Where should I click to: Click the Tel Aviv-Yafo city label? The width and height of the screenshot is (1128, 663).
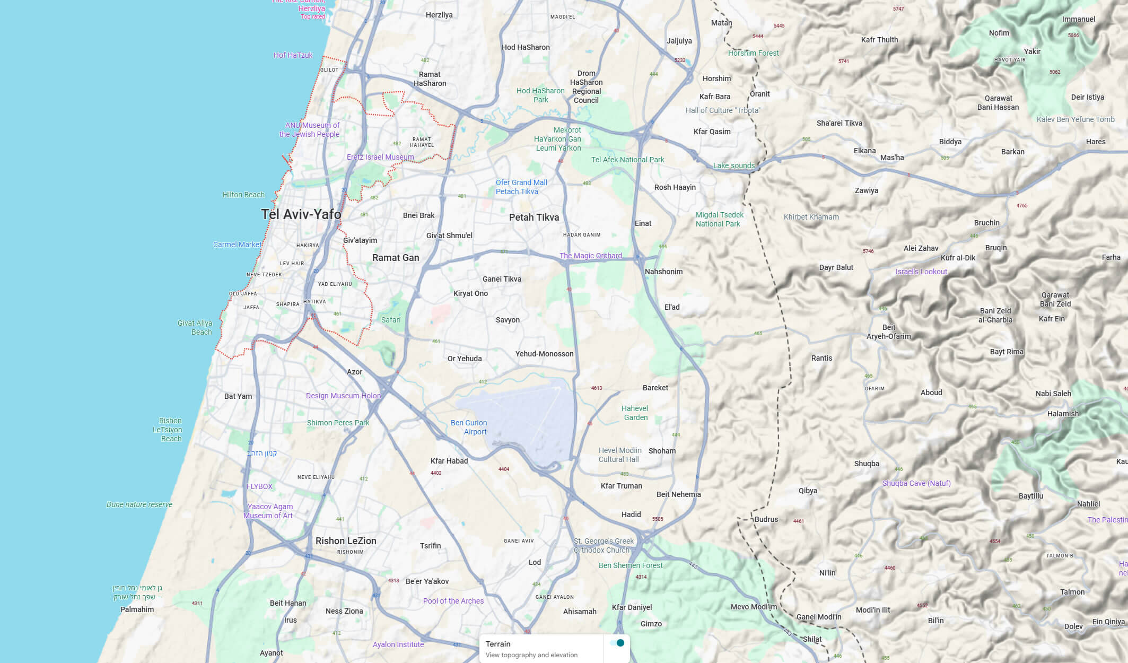click(x=301, y=214)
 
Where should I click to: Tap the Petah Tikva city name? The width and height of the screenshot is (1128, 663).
click(x=534, y=217)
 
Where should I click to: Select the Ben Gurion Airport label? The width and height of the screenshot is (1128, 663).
click(x=469, y=427)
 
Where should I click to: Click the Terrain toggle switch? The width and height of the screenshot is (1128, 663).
click(x=617, y=643)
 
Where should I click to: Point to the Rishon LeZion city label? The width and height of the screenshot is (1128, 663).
click(x=346, y=541)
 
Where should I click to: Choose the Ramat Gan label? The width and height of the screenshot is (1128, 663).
click(x=396, y=258)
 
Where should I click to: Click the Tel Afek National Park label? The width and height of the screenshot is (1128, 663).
click(x=627, y=160)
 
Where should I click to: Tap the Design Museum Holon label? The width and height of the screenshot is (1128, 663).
click(x=343, y=396)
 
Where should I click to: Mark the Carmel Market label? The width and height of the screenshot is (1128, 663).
click(x=237, y=245)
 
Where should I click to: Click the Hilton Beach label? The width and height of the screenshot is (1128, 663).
click(x=243, y=195)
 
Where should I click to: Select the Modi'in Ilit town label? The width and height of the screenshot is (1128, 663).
click(x=873, y=610)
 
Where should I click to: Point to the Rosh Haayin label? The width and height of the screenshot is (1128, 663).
click(x=675, y=187)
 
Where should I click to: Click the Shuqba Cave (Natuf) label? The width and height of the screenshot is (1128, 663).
click(x=916, y=483)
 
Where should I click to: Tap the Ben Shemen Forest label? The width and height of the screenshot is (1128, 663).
click(x=631, y=565)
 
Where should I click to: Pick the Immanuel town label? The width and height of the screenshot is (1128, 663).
click(x=1078, y=19)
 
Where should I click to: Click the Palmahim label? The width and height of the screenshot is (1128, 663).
click(x=137, y=609)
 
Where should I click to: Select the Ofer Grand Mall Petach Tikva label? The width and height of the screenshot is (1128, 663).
click(x=521, y=187)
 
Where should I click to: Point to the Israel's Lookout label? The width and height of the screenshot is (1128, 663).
click(x=921, y=272)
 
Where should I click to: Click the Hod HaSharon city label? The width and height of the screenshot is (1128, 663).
click(x=526, y=47)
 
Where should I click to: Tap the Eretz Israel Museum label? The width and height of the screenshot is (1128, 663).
click(x=380, y=157)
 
